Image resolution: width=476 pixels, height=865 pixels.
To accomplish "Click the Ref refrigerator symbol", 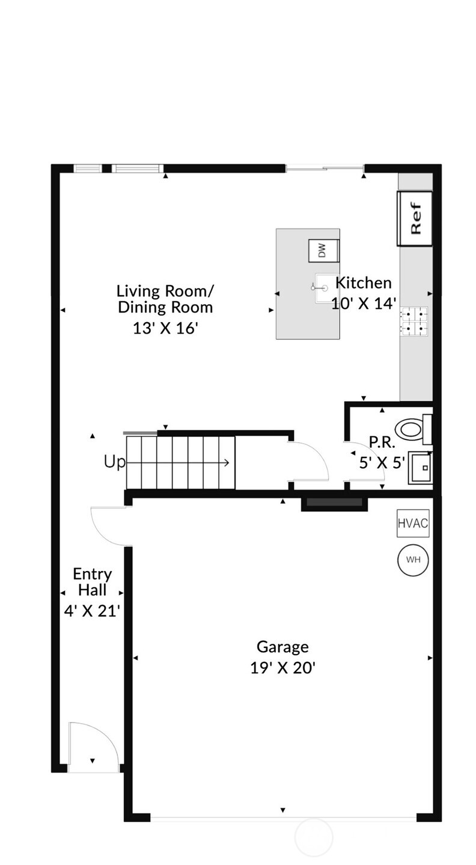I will pyautogui.click(x=415, y=219).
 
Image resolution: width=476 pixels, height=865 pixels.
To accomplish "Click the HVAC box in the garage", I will pyautogui.click(x=413, y=523).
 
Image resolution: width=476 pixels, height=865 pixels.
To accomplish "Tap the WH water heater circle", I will pyautogui.click(x=413, y=560).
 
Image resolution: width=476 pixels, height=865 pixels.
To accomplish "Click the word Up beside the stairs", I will pyautogui.click(x=115, y=462).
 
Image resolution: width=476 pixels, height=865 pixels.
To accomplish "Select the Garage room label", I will pyautogui.click(x=282, y=647).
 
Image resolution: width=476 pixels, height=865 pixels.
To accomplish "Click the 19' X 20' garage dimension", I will pyautogui.click(x=282, y=668).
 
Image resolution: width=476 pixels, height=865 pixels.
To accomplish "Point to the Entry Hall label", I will pyautogui.click(x=92, y=582).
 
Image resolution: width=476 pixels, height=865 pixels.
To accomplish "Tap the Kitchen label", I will pyautogui.click(x=363, y=283).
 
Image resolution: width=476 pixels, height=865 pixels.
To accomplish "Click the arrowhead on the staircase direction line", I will pyautogui.click(x=227, y=462).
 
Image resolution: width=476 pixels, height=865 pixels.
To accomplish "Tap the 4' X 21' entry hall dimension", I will pyautogui.click(x=92, y=611).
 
